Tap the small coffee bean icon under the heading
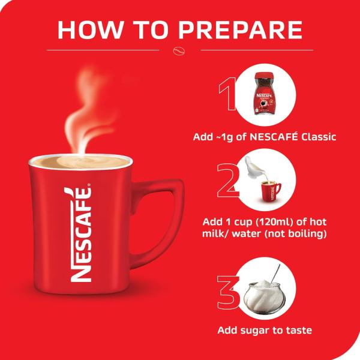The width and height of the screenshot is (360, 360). [179, 50]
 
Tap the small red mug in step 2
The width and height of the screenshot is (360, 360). [269, 189]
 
